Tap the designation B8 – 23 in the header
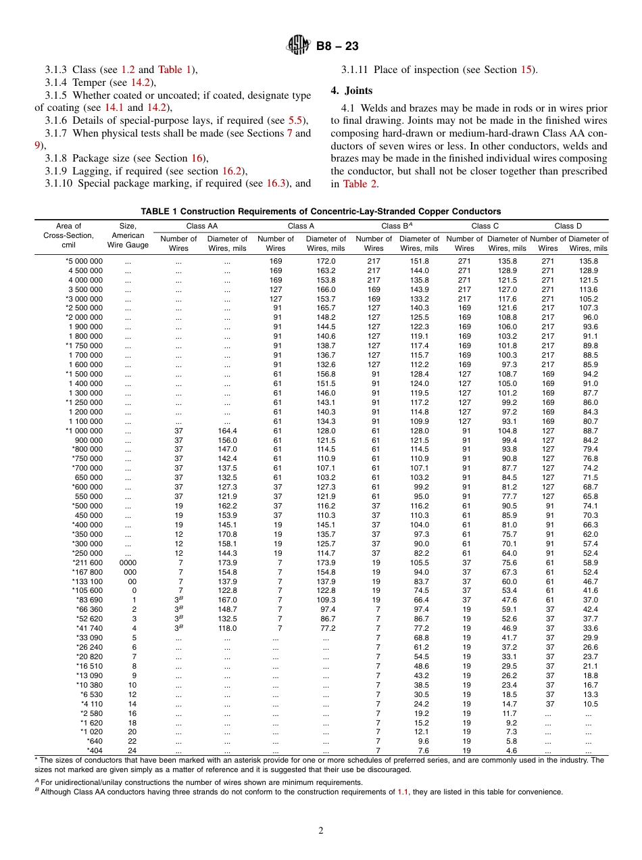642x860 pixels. tap(337, 46)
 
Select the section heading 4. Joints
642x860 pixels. tap(351, 91)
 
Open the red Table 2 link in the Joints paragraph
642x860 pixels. tap(355, 184)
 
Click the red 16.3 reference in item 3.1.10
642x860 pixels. tap(275, 183)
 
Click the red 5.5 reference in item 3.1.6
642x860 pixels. tap(296, 120)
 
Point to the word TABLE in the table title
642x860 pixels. tap(155, 212)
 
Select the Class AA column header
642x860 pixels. tap(201, 226)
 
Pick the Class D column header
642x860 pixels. tap(568, 226)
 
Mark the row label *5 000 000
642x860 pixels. tap(84, 261)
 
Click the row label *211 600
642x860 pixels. tap(87, 563)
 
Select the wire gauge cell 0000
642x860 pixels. tap(128, 563)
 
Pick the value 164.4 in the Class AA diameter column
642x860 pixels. tap(227, 431)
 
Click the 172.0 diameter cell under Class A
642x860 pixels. tap(326, 261)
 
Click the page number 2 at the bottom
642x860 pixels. tap(321, 831)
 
